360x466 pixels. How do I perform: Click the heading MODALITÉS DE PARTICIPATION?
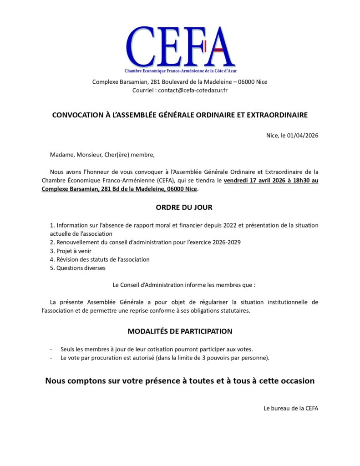pyautogui.click(x=180, y=331)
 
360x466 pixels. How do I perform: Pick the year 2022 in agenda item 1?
pyautogui.click(x=218, y=225)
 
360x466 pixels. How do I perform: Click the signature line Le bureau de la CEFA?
pyautogui.click(x=291, y=408)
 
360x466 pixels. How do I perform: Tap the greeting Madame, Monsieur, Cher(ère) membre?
pyautogui.click(x=102, y=155)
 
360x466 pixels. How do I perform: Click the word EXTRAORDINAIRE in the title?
pyautogui.click(x=277, y=115)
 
